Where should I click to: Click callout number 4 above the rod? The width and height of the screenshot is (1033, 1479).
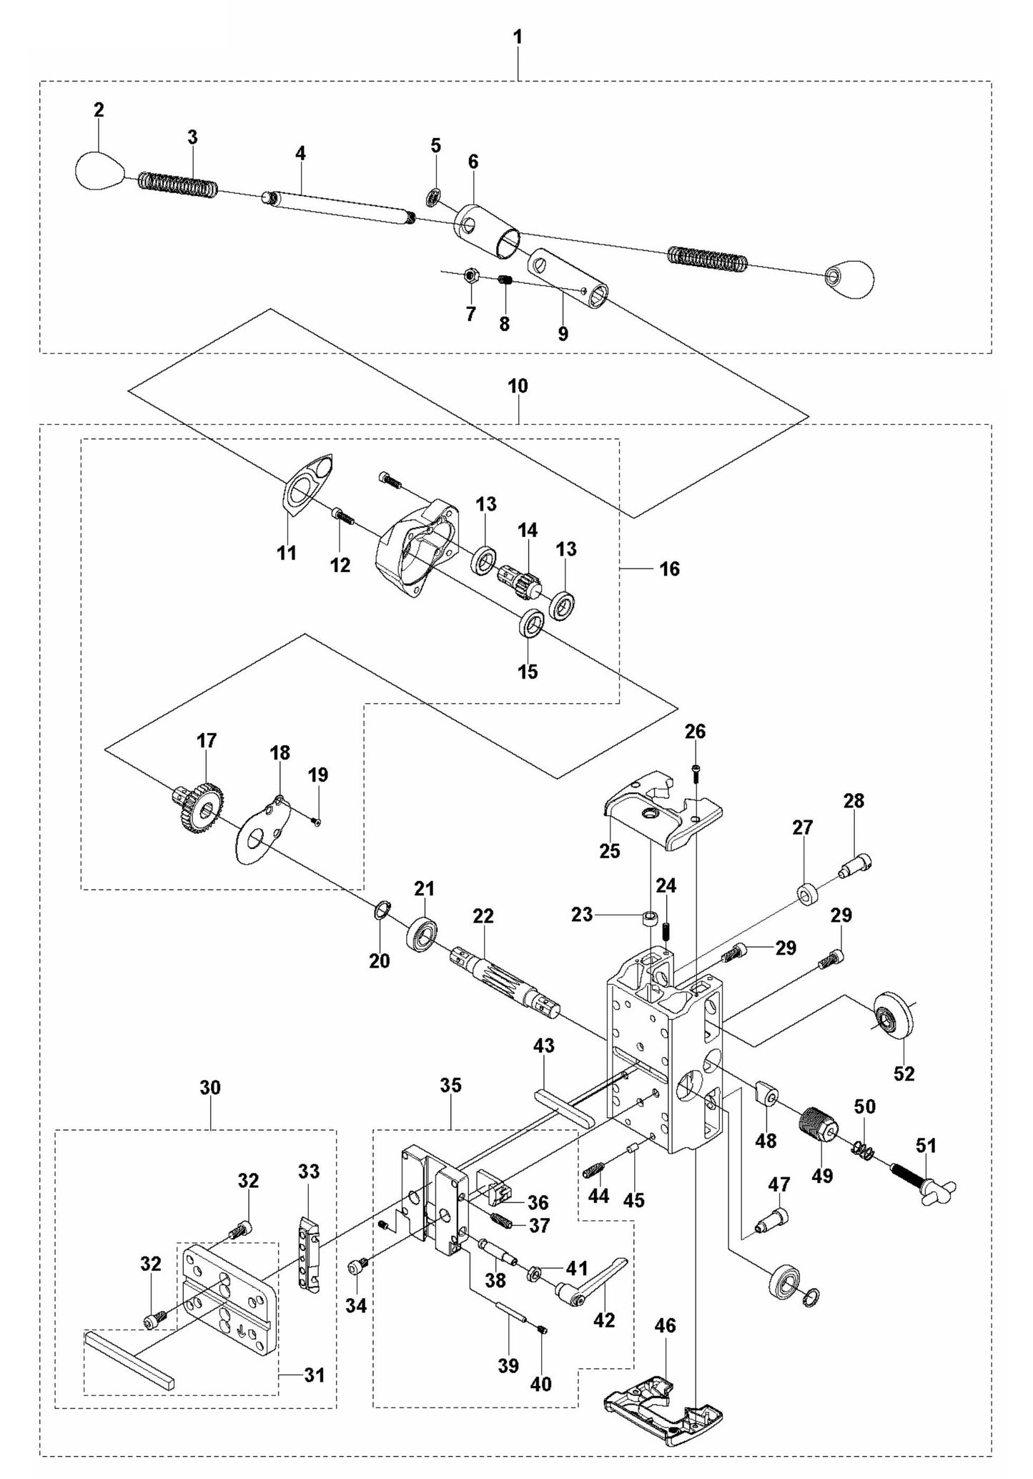[300, 153]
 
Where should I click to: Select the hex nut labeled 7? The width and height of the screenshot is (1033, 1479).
[470, 275]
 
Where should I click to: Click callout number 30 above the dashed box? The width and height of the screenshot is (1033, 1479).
[210, 1088]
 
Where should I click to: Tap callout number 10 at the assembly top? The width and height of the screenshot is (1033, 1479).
[518, 386]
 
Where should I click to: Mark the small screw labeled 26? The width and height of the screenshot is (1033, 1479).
[696, 769]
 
